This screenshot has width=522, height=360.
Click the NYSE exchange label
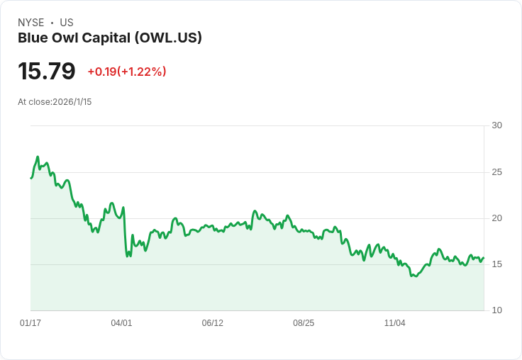[x=30, y=23]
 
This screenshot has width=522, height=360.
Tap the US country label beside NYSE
[x=67, y=23]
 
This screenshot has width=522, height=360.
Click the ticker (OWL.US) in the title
[x=168, y=38]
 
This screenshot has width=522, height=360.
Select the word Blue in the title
[x=33, y=38]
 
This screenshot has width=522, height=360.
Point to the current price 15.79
[x=47, y=71]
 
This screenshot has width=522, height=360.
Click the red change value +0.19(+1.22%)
[x=127, y=72]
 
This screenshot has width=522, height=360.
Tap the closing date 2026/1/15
[x=72, y=102]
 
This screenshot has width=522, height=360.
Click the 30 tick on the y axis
[x=496, y=125]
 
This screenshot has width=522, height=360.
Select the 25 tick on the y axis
[x=496, y=172]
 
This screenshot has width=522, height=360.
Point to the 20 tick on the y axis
[x=496, y=218]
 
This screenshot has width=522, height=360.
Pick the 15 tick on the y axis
[x=496, y=264]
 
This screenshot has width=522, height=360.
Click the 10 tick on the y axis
[x=496, y=310]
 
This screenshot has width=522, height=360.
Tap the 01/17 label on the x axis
[x=30, y=323]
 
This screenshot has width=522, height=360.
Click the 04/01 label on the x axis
[x=121, y=323]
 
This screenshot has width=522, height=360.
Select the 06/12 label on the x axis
[x=212, y=323]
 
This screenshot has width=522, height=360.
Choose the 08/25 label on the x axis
[x=304, y=323]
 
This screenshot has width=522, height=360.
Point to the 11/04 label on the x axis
[x=394, y=323]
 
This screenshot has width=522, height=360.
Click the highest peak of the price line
[x=38, y=157]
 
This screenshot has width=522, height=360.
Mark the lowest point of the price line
[x=413, y=276]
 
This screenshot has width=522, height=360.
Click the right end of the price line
[x=484, y=258]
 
